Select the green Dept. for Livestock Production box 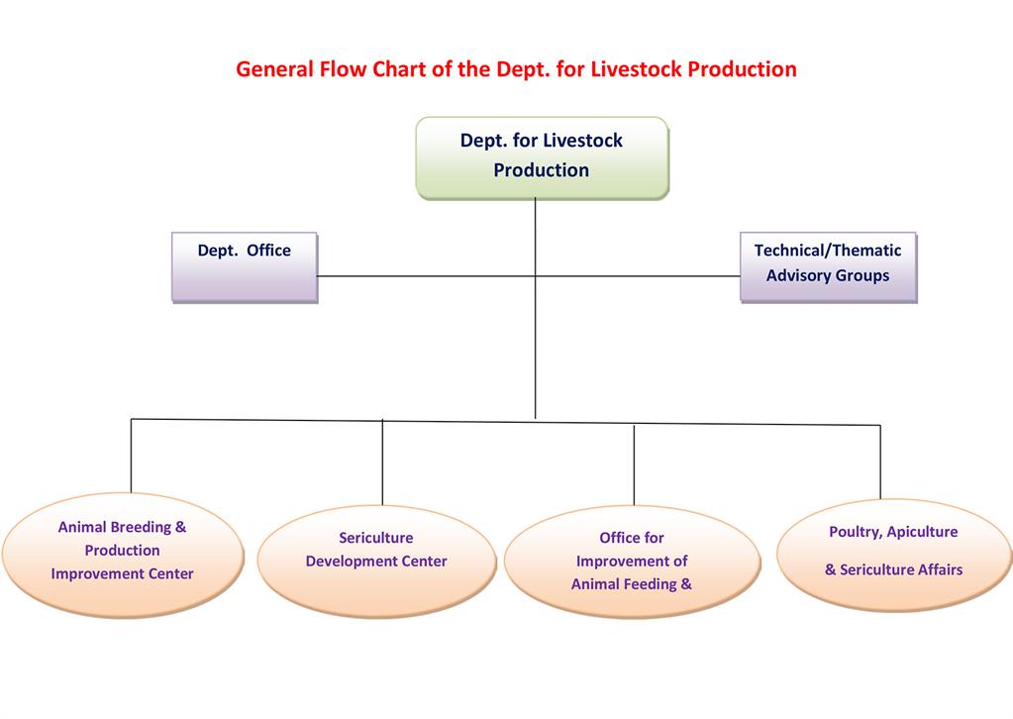pyautogui.click(x=542, y=157)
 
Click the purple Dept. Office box pyautogui.click(x=245, y=266)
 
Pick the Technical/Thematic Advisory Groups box pyautogui.click(x=828, y=266)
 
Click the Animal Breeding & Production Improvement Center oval pyautogui.click(x=123, y=555)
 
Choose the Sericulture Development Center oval pyautogui.click(x=376, y=561)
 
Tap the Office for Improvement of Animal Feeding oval pyautogui.click(x=632, y=561)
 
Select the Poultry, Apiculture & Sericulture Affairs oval pyautogui.click(x=894, y=555)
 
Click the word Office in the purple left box pyautogui.click(x=268, y=250)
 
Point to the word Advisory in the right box pyautogui.click(x=797, y=276)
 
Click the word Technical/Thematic pyautogui.click(x=828, y=250)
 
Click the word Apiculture pyautogui.click(x=923, y=532)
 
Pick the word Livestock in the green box pyautogui.click(x=583, y=141)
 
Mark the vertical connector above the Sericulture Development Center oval pyautogui.click(x=382, y=462)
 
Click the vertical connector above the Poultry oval pyautogui.click(x=880, y=462)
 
